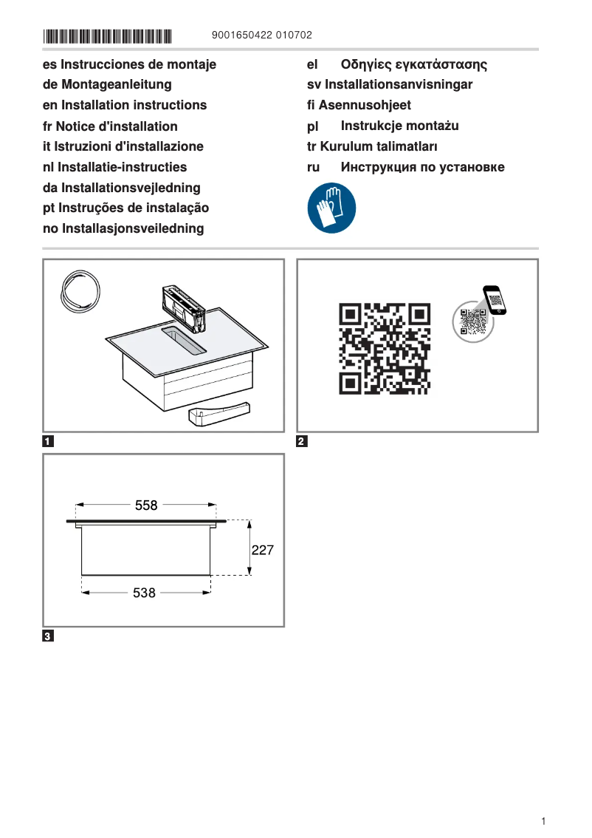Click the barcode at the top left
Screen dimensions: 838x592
[107, 35]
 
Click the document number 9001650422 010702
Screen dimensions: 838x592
[261, 35]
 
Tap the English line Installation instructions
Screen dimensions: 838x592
[134, 106]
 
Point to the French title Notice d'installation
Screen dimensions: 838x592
[119, 126]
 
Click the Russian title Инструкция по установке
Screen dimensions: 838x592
[422, 167]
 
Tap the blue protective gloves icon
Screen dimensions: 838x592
[331, 208]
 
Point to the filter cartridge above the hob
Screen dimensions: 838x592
[184, 307]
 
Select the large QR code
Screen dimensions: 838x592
[384, 347]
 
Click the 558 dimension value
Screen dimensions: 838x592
[146, 505]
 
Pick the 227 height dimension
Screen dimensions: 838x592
[263, 551]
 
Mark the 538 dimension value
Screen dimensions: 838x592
[144, 593]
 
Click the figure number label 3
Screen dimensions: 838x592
[48, 636]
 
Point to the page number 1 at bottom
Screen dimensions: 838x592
[543, 821]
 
